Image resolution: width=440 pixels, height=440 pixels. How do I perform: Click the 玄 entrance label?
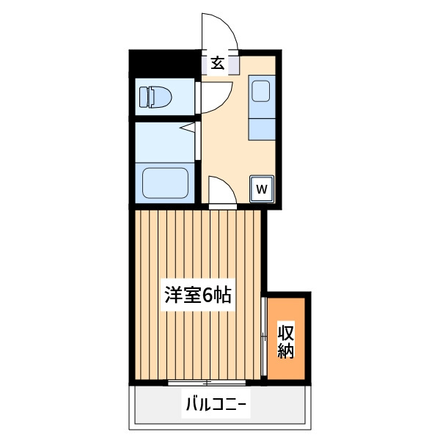tap(218, 63)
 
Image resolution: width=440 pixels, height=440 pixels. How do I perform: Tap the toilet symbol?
tap(155, 97)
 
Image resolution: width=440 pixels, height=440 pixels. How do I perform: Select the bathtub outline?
tap(165, 183)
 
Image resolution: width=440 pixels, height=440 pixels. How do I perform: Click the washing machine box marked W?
tap(262, 189)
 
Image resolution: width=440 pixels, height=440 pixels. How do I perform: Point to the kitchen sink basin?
tap(260, 91)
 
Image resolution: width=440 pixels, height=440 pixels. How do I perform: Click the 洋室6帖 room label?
tap(198, 295)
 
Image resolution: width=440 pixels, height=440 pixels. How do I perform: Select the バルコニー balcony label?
tap(216, 404)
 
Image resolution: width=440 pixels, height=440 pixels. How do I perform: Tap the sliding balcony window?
tap(207, 382)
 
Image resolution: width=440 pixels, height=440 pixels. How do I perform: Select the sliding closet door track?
tap(263, 336)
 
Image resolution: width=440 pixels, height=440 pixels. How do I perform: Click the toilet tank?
tap(143, 97)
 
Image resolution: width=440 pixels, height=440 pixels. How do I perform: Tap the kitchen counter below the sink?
tap(262, 129)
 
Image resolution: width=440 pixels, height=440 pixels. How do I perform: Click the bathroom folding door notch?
tap(188, 128)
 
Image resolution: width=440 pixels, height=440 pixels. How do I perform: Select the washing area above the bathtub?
tap(165, 142)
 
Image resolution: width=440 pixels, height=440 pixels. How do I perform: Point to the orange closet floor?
tap(286, 339)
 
